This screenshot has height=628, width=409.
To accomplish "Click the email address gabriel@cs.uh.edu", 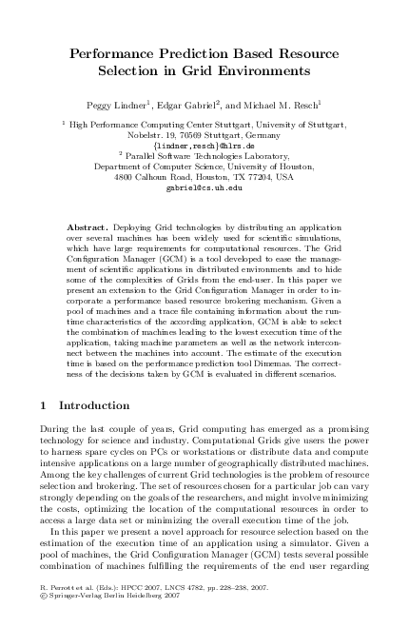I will tap(204, 187).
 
